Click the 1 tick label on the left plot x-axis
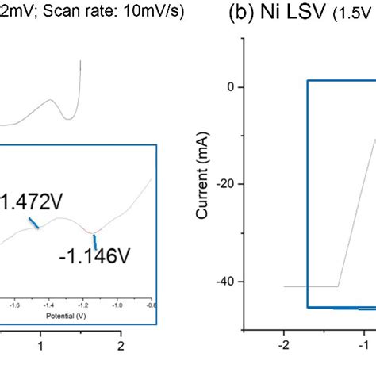coord(40,346)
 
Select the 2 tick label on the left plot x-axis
coord(121,346)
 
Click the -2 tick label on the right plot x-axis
coord(282,346)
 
